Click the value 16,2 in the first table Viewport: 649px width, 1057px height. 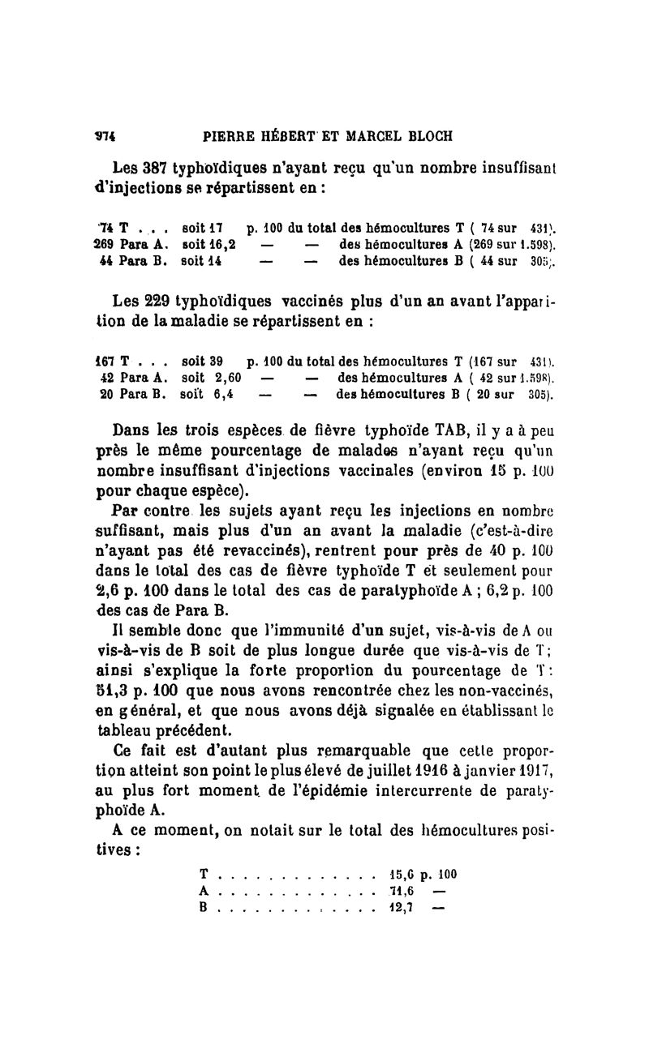pyautogui.click(x=221, y=244)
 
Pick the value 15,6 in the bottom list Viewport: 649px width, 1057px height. pyautogui.click(x=403, y=875)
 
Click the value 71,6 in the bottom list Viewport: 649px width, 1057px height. pyautogui.click(x=403, y=891)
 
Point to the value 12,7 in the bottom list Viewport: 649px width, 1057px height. pyautogui.click(x=403, y=908)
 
